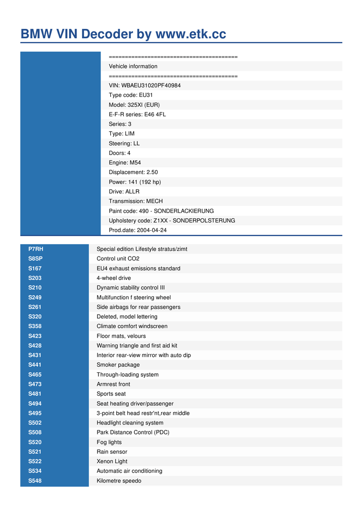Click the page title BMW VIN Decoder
(x=123, y=34)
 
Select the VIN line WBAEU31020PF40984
(x=145, y=85)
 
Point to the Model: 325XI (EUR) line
(x=134, y=105)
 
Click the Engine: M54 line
(x=125, y=163)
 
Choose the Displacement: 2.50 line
(x=133, y=172)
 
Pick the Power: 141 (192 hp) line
(x=135, y=182)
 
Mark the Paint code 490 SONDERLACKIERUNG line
(x=161, y=211)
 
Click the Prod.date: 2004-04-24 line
(x=138, y=230)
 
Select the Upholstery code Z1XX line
(x=172, y=221)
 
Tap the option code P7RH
(x=36, y=249)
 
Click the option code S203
(x=35, y=278)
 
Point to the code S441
(x=35, y=365)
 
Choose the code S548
(x=35, y=481)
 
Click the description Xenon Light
(x=112, y=461)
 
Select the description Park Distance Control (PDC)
(x=133, y=432)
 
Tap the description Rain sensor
(x=112, y=452)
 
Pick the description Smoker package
(x=118, y=365)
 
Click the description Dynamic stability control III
(x=130, y=288)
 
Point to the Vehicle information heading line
(x=133, y=66)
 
